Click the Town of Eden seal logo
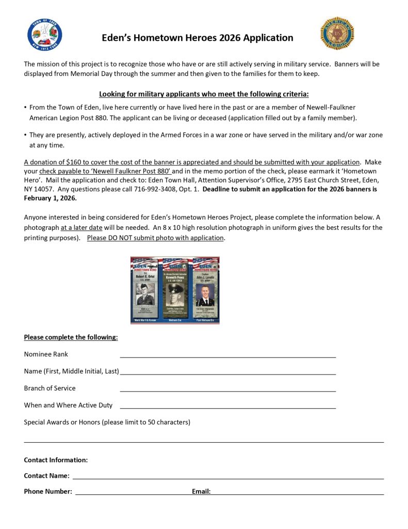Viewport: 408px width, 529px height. (45, 35)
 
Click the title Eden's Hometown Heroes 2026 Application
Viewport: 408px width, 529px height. (198, 38)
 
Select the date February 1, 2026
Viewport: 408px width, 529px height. (51, 198)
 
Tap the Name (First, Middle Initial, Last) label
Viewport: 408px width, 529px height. (71, 371)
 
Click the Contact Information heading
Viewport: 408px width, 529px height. (56, 460)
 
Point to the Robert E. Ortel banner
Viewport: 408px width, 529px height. (145, 290)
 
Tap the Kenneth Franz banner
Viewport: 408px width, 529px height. (175, 290)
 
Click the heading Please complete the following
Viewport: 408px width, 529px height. (71, 337)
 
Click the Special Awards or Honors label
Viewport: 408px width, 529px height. (107, 422)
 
